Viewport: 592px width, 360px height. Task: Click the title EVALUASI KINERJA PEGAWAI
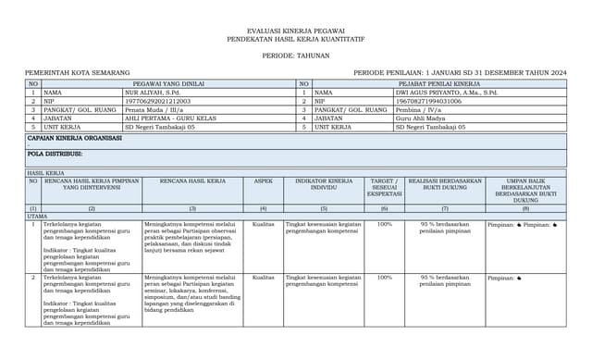tap(296, 31)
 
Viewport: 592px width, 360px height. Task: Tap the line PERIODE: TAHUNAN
tap(296, 55)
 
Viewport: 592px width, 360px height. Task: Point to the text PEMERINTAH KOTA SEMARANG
tap(66, 72)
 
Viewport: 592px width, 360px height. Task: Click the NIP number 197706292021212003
tap(157, 101)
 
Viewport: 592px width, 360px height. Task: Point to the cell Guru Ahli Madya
tap(420, 118)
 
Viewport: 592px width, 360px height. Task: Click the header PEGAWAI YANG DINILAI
tap(162, 83)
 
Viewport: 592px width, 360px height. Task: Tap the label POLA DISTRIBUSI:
tap(55, 154)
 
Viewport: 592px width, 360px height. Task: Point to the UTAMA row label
tap(37, 216)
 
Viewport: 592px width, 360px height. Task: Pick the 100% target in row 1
tap(384, 224)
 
